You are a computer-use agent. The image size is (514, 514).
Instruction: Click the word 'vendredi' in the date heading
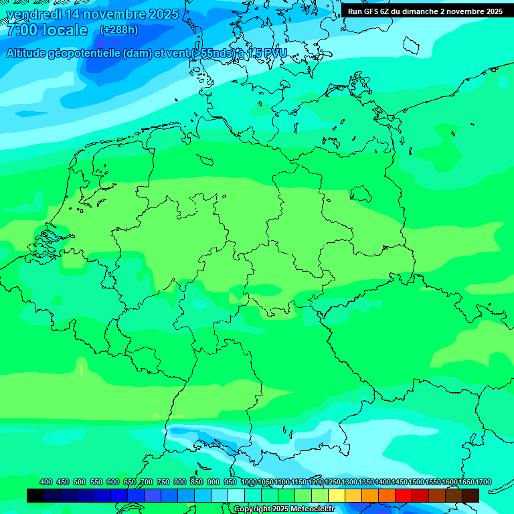(x=33, y=14)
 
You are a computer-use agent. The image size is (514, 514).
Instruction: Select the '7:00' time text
(x=21, y=30)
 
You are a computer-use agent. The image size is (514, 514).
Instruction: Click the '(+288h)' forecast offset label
(x=118, y=30)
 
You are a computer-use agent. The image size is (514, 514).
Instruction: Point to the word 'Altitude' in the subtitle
(x=29, y=53)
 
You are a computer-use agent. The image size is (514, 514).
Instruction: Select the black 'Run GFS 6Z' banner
(x=426, y=11)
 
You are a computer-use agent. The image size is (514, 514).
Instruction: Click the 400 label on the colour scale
(x=46, y=482)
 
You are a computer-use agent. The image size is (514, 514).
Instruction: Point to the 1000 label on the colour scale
(x=249, y=482)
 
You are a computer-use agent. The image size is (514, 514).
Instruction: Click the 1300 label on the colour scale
(x=350, y=482)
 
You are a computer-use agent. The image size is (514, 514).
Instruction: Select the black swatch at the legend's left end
(x=35, y=495)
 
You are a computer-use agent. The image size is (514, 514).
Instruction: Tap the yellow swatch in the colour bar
(x=337, y=495)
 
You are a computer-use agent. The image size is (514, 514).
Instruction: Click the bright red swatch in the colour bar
(x=404, y=495)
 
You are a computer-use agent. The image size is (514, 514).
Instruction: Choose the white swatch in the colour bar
(x=236, y=495)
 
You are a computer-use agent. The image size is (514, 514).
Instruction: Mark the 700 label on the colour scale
(x=147, y=482)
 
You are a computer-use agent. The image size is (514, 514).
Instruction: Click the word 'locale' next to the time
(x=65, y=30)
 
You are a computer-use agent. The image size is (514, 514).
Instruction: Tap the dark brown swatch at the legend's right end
(x=470, y=495)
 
